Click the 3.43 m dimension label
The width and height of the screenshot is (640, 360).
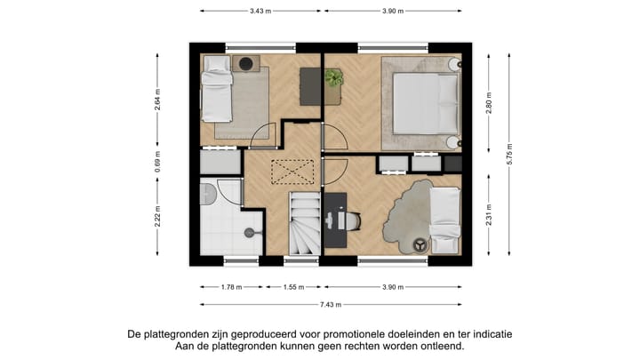pyautogui.click(x=260, y=11)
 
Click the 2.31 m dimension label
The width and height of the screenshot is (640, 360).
pyautogui.click(x=490, y=216)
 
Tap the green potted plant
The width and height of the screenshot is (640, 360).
pyautogui.click(x=334, y=78)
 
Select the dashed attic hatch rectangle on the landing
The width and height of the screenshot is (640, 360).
pyautogui.click(x=294, y=170)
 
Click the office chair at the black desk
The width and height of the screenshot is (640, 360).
pyautogui.click(x=352, y=220)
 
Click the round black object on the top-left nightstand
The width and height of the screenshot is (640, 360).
pyautogui.click(x=246, y=64)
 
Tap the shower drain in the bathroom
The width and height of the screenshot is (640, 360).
pyautogui.click(x=248, y=233)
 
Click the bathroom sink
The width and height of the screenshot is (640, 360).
pyautogui.click(x=207, y=195)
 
